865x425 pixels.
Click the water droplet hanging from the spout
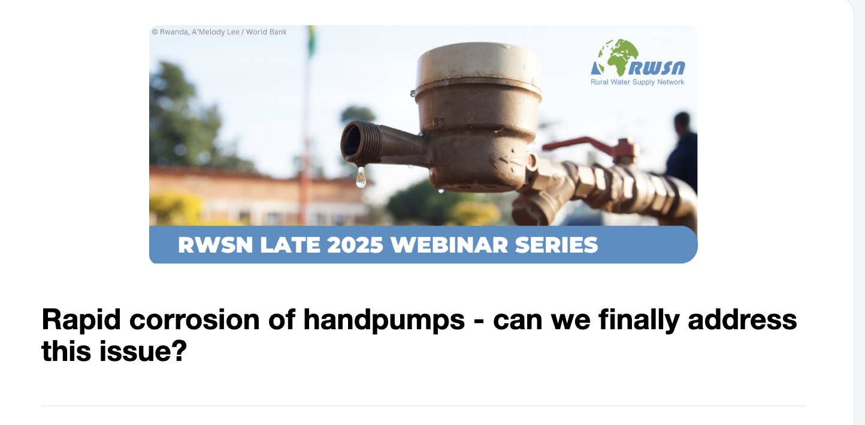361,178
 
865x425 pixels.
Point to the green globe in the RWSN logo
617,57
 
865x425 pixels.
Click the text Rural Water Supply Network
637,82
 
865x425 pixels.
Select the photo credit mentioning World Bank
219,32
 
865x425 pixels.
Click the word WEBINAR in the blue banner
449,245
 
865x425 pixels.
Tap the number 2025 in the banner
355,245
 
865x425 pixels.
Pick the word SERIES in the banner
556,245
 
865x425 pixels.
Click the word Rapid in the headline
81,320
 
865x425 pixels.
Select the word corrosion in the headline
195,320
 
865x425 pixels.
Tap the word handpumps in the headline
384,320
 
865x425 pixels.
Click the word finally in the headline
639,320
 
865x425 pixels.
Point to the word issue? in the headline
143,351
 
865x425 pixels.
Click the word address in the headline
742,320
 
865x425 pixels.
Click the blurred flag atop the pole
312,41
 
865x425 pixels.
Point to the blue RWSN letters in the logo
657,68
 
